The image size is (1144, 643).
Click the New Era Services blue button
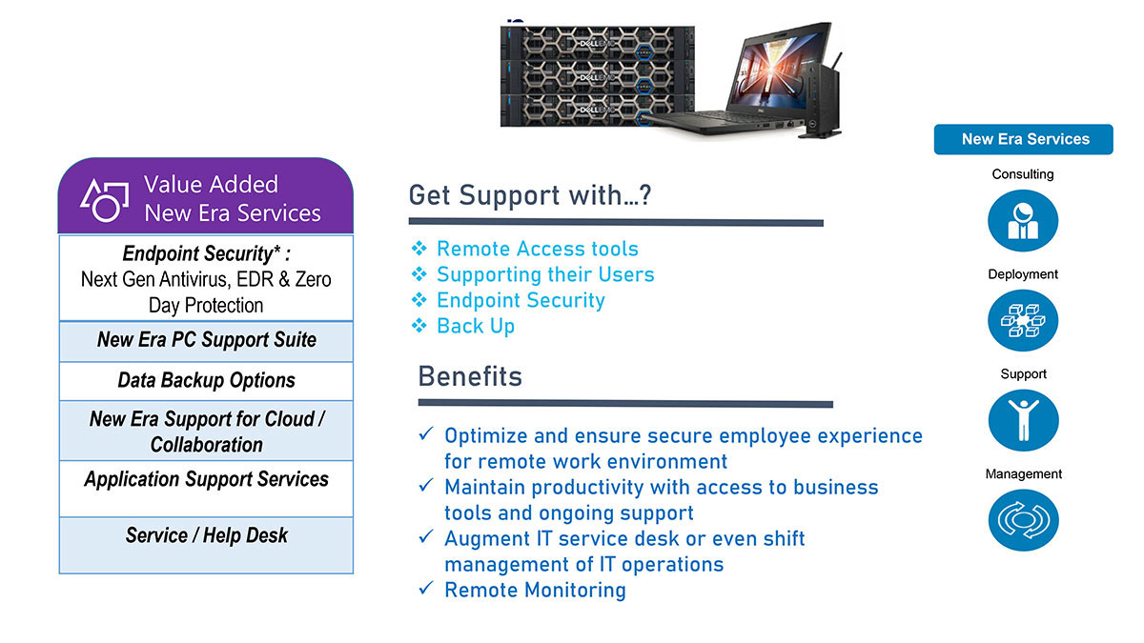tap(1023, 139)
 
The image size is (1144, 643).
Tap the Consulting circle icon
tap(1022, 220)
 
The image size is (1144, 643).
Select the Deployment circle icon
tap(1022, 320)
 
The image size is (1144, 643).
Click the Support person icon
tap(1023, 420)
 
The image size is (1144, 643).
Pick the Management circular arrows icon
tap(1023, 520)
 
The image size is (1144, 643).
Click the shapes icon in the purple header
tap(104, 201)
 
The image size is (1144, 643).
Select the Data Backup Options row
tap(206, 381)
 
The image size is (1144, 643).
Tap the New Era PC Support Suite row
tap(206, 341)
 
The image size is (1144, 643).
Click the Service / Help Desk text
tap(206, 535)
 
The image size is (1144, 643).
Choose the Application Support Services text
tap(206, 479)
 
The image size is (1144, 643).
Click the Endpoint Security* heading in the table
tap(206, 253)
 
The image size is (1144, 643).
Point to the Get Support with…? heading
tap(530, 195)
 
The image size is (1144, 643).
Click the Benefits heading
tap(470, 376)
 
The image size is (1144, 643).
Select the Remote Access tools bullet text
tap(538, 249)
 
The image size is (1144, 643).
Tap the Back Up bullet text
tap(476, 326)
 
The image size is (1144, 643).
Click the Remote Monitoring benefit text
tap(535, 590)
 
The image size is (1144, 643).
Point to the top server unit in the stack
tap(597, 43)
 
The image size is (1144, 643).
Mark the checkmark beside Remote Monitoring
tap(426, 589)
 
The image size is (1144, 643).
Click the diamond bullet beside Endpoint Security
tap(419, 299)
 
